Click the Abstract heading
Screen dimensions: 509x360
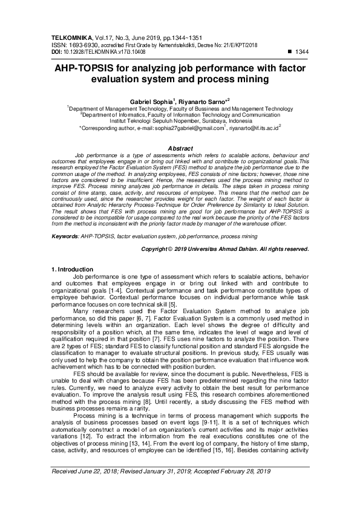pyautogui.click(x=180, y=149)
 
